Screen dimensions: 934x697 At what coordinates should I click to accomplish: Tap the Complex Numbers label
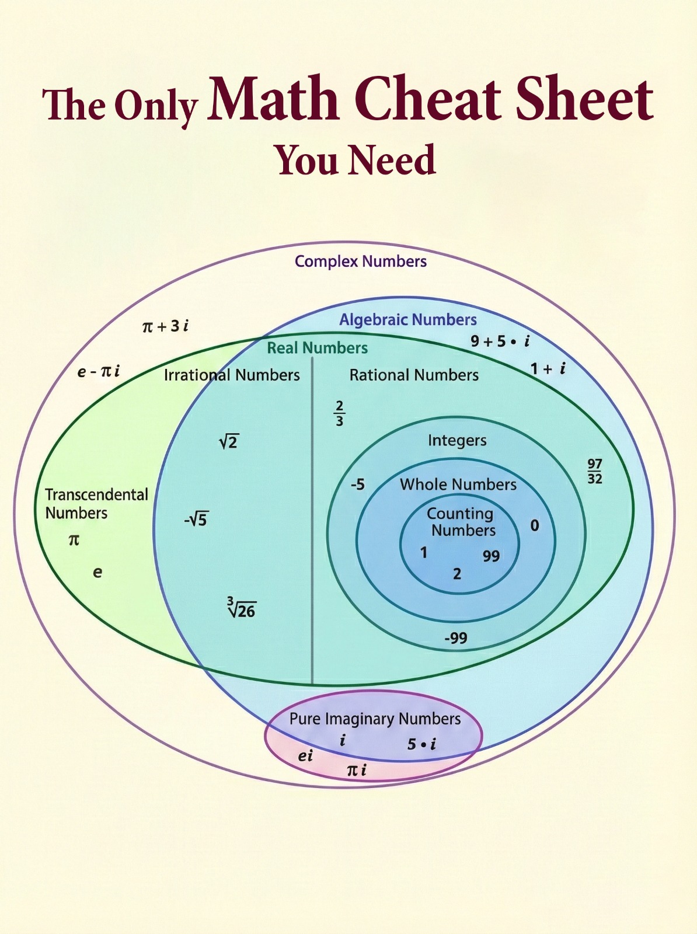point(360,262)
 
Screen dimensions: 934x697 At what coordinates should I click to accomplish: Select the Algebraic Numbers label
point(408,320)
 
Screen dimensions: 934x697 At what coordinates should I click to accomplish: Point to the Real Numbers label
point(317,348)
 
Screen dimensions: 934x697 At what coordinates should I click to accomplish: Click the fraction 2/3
point(339,413)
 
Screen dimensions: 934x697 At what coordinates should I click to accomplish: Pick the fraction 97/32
point(594,471)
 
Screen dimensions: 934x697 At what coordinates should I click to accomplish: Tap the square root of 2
point(229,442)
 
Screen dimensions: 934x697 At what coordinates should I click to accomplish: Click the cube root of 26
point(242,608)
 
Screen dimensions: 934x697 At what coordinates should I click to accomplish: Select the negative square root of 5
point(196,519)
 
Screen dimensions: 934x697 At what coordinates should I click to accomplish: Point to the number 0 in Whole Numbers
point(534,525)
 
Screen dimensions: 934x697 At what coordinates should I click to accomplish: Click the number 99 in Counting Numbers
point(491,556)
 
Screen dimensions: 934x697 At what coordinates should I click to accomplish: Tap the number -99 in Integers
point(456,638)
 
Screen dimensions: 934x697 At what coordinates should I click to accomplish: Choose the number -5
point(357,484)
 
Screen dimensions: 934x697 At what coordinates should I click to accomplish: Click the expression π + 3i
point(165,326)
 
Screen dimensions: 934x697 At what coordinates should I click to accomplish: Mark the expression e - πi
point(99,371)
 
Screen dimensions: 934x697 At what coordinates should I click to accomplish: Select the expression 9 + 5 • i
point(500,341)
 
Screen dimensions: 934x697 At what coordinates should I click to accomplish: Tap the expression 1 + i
point(548,369)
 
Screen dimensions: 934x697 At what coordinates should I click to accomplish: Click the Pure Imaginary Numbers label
point(375,719)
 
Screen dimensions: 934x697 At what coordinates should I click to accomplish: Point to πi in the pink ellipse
point(356,770)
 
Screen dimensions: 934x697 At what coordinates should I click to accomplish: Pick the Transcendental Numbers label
point(96,503)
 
